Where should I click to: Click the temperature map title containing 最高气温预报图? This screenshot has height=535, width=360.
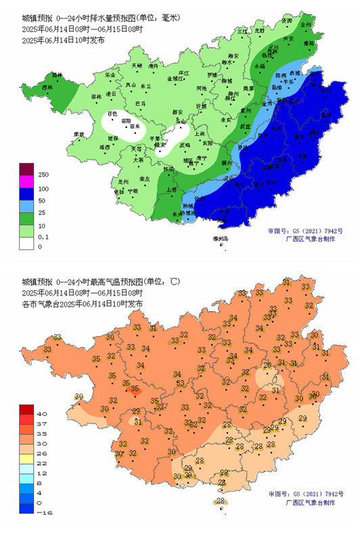[102, 281]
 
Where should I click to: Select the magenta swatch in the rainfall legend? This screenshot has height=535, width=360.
[26, 181]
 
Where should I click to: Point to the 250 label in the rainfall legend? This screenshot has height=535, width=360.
[43, 175]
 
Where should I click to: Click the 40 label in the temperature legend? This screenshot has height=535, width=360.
[41, 413]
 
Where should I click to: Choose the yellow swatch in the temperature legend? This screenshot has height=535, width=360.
[26, 458]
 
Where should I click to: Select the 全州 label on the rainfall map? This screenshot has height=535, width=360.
[306, 24]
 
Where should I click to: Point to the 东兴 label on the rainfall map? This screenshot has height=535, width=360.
[177, 214]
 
